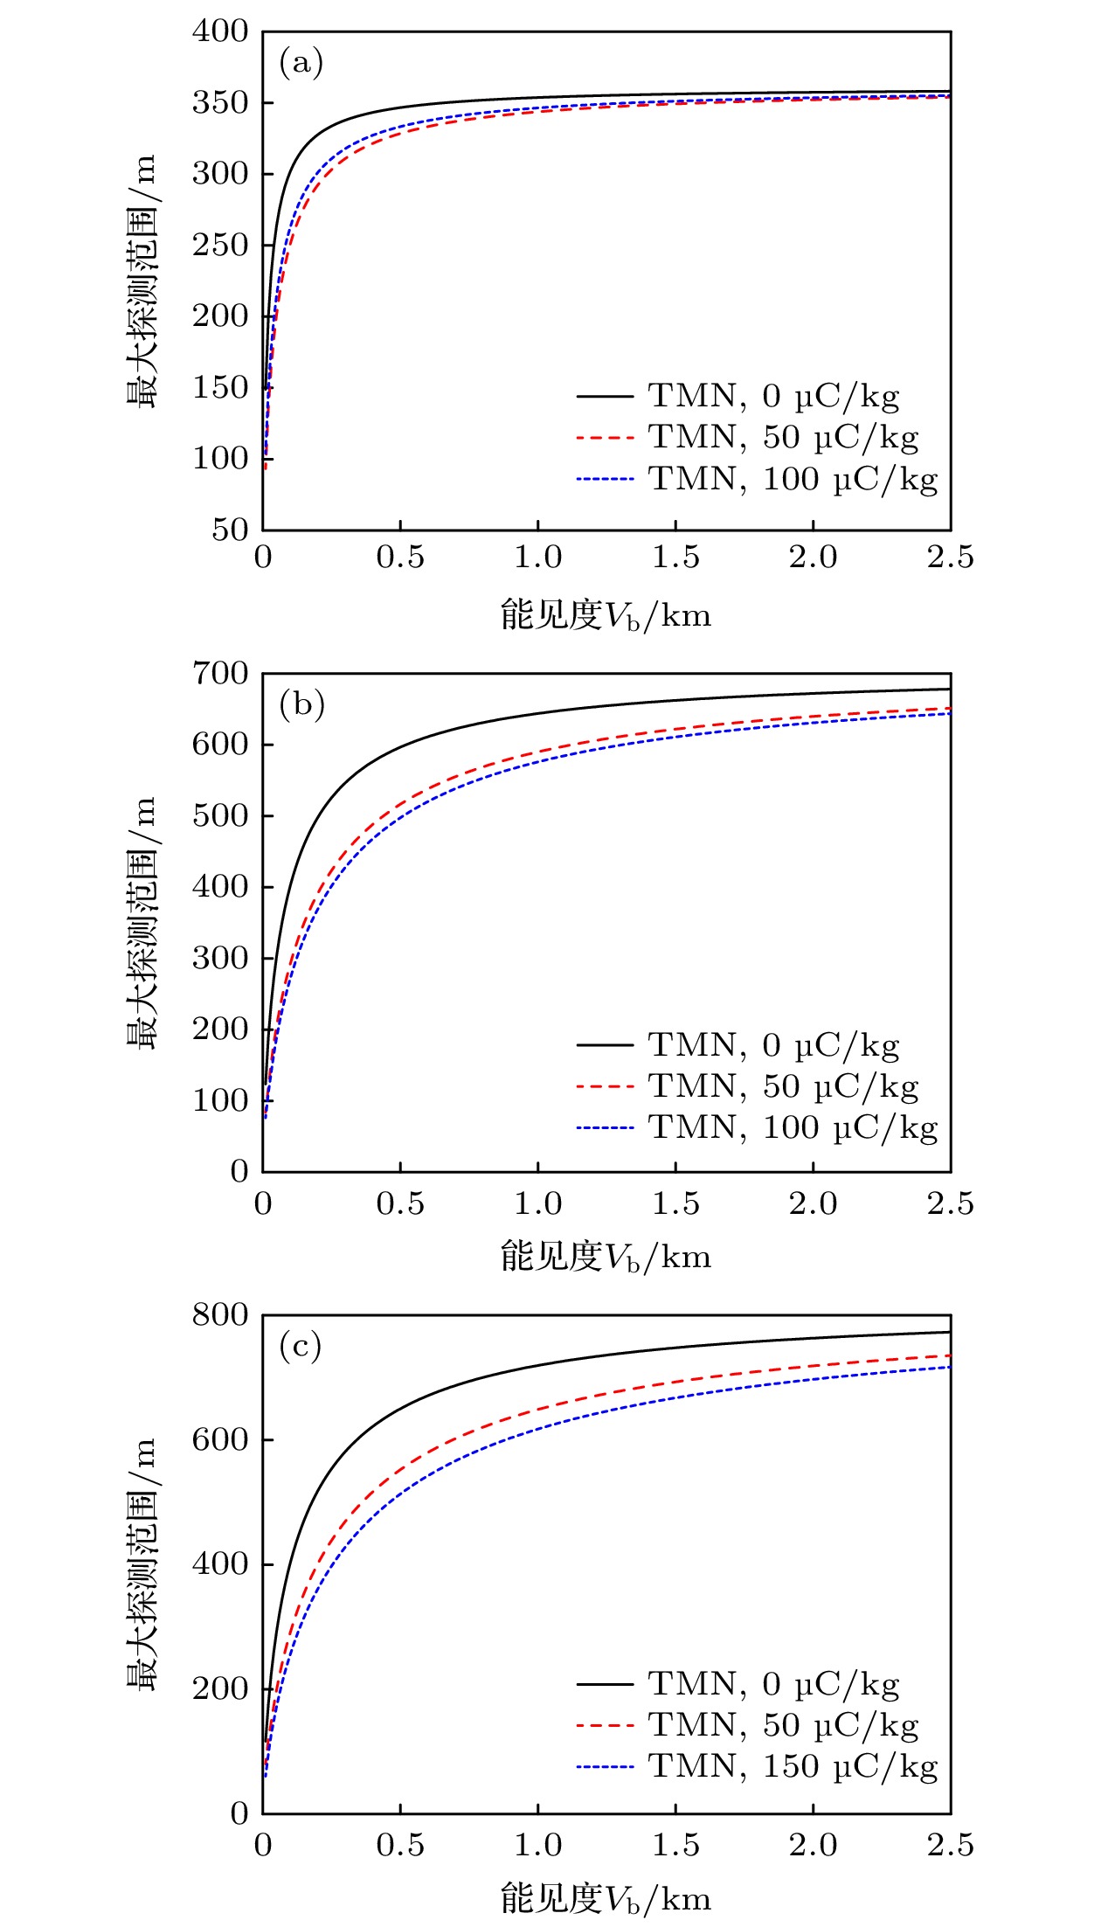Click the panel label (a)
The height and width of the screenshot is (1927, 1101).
301,63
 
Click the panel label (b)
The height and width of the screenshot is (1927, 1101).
301,704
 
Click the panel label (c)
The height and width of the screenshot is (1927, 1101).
300,1346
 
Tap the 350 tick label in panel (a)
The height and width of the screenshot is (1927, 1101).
220,102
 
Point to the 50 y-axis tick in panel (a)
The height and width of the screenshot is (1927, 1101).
230,529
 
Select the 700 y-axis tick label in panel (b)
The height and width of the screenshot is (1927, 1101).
220,673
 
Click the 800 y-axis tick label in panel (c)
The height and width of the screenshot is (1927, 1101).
220,1314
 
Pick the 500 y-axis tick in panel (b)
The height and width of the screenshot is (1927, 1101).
220,815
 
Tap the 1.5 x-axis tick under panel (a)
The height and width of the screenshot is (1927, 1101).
675,558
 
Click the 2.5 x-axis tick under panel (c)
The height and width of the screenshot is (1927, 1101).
950,1845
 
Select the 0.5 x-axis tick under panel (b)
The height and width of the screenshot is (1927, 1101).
400,1203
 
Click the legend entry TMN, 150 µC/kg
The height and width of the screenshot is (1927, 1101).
793,1766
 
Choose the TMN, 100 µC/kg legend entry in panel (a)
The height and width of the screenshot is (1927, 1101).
793,479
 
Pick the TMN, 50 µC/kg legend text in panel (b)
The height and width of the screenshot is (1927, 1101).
783,1086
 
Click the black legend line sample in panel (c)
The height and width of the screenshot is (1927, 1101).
605,1683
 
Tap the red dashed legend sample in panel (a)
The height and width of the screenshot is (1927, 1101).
605,438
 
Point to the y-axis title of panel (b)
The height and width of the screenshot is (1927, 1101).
141,922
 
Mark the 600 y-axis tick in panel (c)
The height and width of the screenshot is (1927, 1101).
220,1439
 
